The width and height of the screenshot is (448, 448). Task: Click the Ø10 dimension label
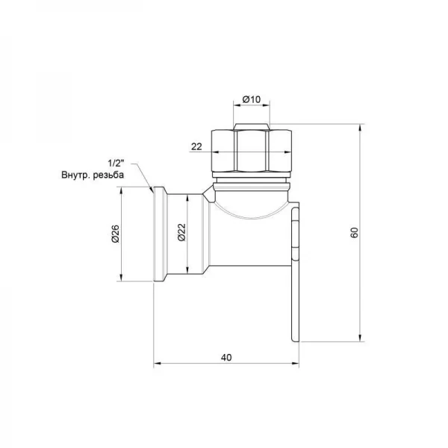coord(252,99)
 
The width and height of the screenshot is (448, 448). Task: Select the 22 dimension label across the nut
coord(196,146)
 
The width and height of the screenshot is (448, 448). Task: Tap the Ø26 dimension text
coord(115,234)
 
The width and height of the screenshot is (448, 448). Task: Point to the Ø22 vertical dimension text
coord(181,232)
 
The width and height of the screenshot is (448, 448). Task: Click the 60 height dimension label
coord(354,232)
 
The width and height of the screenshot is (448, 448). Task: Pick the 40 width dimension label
coord(226,358)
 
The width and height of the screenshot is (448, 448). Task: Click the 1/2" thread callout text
coord(116,164)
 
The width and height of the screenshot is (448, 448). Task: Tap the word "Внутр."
coord(75,175)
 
